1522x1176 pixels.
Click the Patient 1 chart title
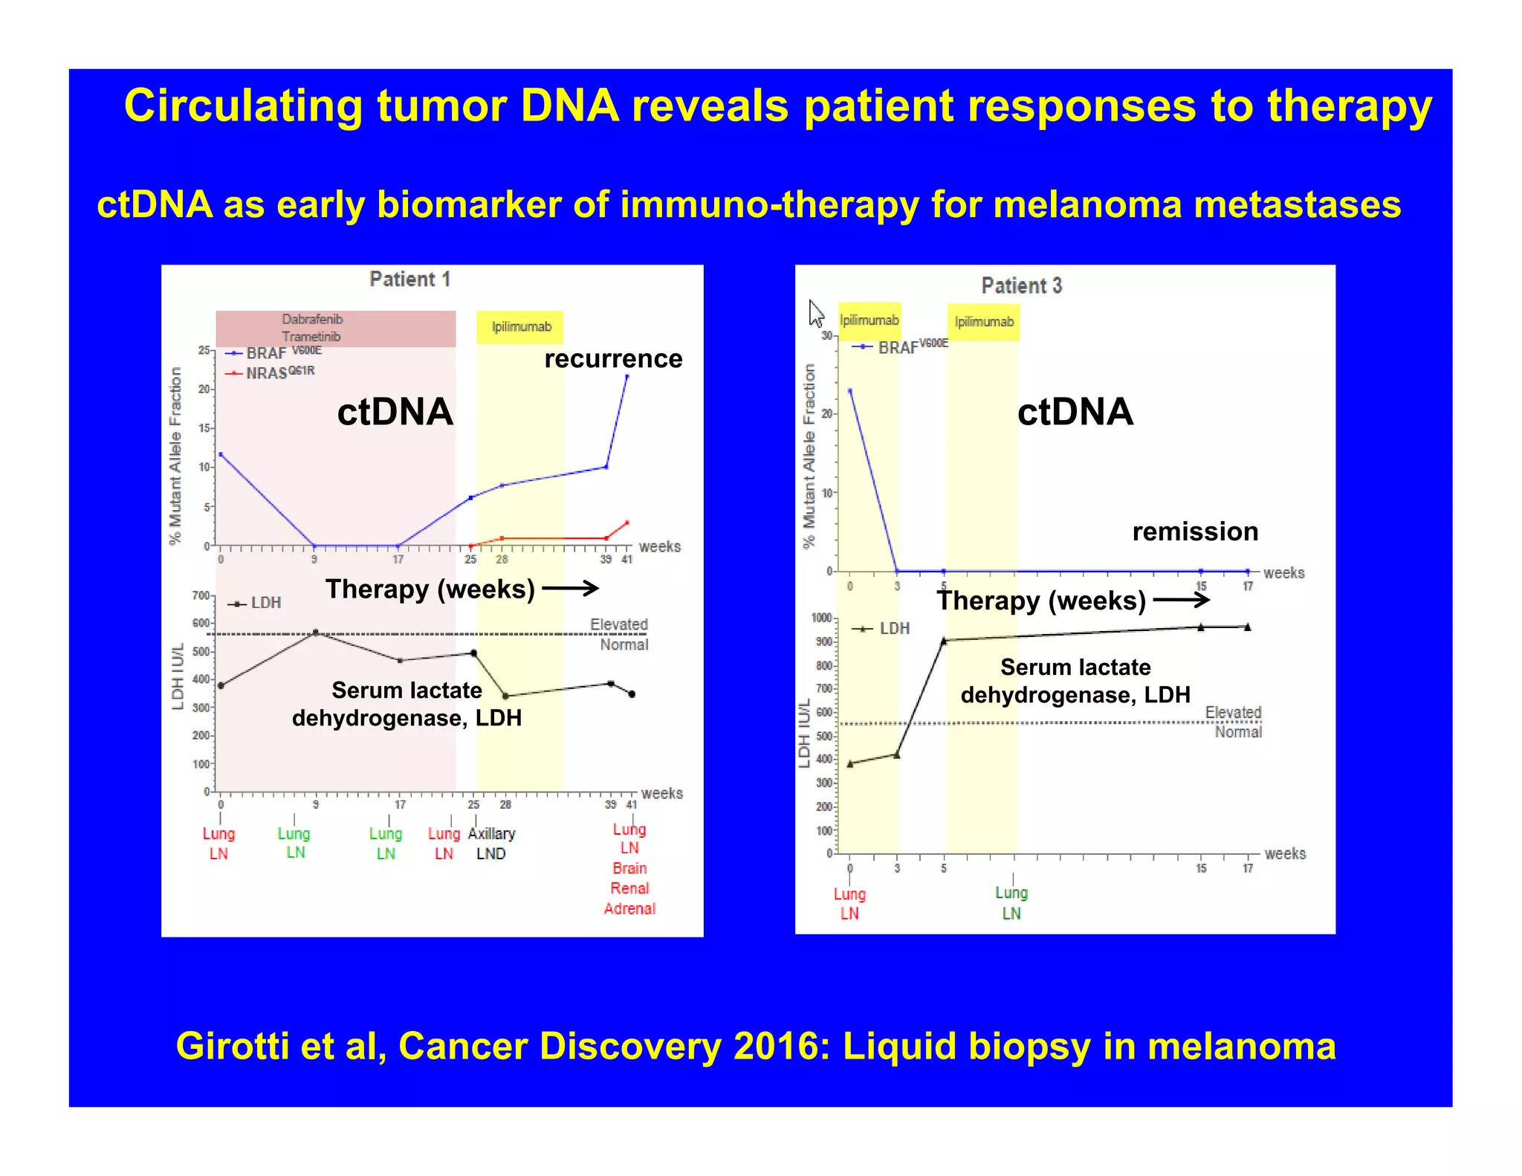[x=409, y=280]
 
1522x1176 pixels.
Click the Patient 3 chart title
[x=1021, y=285]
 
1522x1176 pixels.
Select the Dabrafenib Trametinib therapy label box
[x=312, y=328]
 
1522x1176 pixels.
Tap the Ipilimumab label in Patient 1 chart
[x=521, y=327]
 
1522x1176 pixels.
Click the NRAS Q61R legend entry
[x=272, y=372]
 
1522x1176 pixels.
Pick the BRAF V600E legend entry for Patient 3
[x=900, y=347]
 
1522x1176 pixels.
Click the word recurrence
[x=613, y=359]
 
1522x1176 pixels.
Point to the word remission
[x=1195, y=532]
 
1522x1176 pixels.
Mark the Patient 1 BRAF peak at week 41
[x=627, y=377]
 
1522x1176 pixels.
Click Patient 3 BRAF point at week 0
[x=850, y=390]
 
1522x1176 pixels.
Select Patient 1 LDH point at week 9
[x=316, y=633]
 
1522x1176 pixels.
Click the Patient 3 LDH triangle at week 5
[x=944, y=640]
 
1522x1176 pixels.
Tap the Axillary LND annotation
[x=491, y=844]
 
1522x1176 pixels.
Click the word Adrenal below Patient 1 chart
[x=629, y=908]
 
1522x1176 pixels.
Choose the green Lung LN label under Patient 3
[x=1011, y=902]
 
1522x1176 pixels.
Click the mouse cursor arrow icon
[x=816, y=313]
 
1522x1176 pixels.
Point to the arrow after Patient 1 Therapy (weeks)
[x=571, y=589]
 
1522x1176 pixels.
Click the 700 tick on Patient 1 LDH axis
[x=201, y=595]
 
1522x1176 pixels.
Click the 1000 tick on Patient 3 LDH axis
[x=821, y=618]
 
